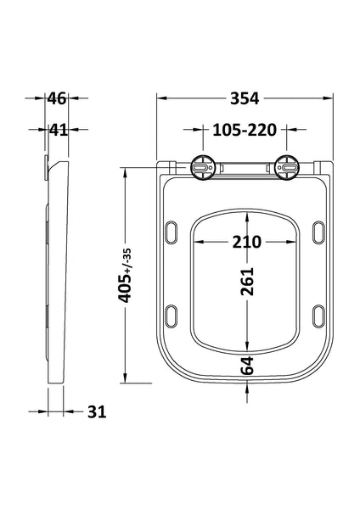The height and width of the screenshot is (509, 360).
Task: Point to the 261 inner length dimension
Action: tap(246, 288)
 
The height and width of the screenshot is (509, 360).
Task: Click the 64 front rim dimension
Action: tap(246, 366)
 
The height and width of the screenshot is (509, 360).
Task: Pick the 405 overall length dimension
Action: tap(127, 290)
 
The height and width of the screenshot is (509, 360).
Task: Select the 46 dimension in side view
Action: tap(56, 98)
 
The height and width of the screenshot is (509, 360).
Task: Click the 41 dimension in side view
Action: tap(56, 131)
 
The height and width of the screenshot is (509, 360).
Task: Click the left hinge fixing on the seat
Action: tap(203, 168)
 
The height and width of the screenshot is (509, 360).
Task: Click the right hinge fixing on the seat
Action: tap(289, 168)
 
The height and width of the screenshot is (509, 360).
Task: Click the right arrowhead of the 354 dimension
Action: tap(329, 98)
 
